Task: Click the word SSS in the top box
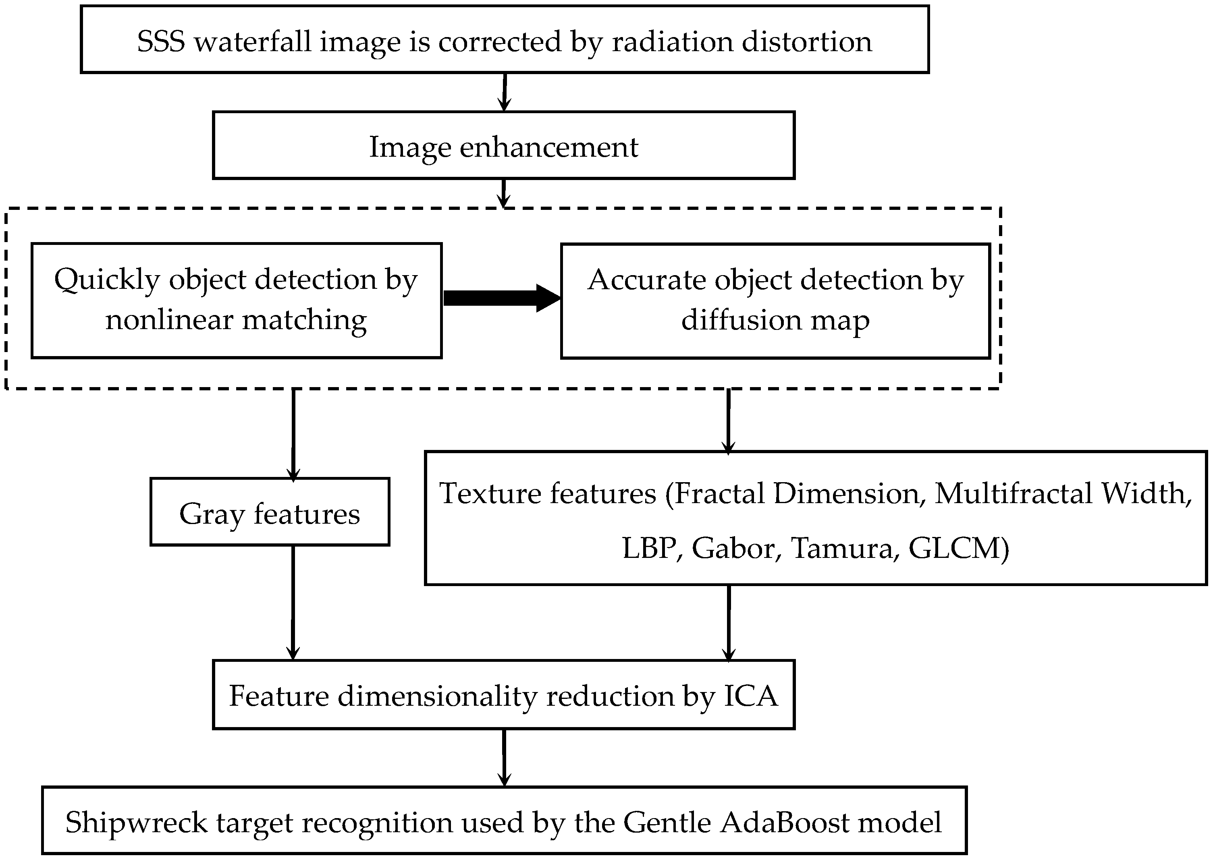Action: (x=161, y=41)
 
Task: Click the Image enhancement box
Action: (x=503, y=146)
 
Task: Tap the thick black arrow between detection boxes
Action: (x=501, y=298)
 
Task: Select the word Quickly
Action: (x=106, y=280)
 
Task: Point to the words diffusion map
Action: (x=775, y=320)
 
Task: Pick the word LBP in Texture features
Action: (x=648, y=548)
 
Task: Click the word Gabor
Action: (x=733, y=548)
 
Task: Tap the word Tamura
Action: (x=842, y=548)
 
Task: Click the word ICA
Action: (x=751, y=695)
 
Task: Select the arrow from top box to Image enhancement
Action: (x=504, y=91)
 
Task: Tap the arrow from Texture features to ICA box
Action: (x=729, y=622)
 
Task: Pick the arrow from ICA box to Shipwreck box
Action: (x=504, y=757)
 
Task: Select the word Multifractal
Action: (x=1013, y=493)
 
